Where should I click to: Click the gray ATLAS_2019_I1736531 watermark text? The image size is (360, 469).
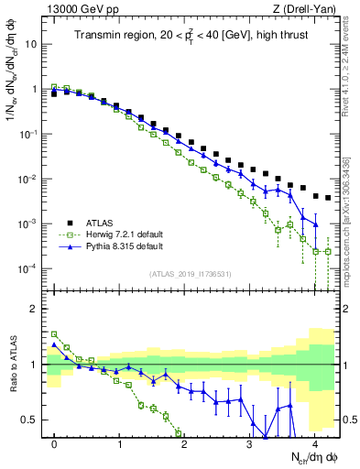[x=191, y=274]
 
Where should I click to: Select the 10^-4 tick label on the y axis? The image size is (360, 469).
[x=27, y=268]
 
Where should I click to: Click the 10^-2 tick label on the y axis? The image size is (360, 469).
[x=27, y=179]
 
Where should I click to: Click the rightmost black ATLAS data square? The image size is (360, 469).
[x=328, y=197]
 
